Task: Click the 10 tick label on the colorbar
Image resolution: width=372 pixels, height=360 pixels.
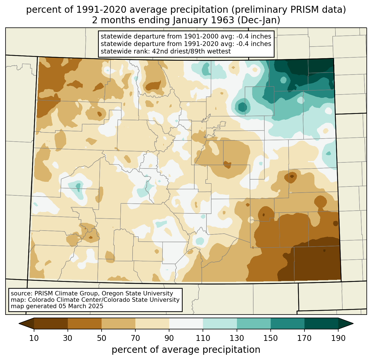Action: (x=34, y=338)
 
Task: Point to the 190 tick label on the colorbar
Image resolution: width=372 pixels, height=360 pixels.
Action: (x=338, y=338)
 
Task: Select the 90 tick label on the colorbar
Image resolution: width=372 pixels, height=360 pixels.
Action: (x=169, y=338)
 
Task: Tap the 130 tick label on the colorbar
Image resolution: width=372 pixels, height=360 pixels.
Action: (x=237, y=338)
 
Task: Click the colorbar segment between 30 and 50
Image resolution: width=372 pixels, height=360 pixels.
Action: (x=85, y=323)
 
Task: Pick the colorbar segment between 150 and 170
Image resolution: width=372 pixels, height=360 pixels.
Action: (x=288, y=323)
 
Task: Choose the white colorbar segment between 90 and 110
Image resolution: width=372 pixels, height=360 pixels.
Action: (x=186, y=323)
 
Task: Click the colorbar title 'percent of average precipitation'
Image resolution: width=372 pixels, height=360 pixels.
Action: (x=186, y=350)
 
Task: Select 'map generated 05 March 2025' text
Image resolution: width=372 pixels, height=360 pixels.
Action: (x=57, y=306)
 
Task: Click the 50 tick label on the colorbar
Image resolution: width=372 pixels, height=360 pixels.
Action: (x=102, y=338)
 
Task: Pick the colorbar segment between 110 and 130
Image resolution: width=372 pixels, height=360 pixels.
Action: (x=220, y=323)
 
